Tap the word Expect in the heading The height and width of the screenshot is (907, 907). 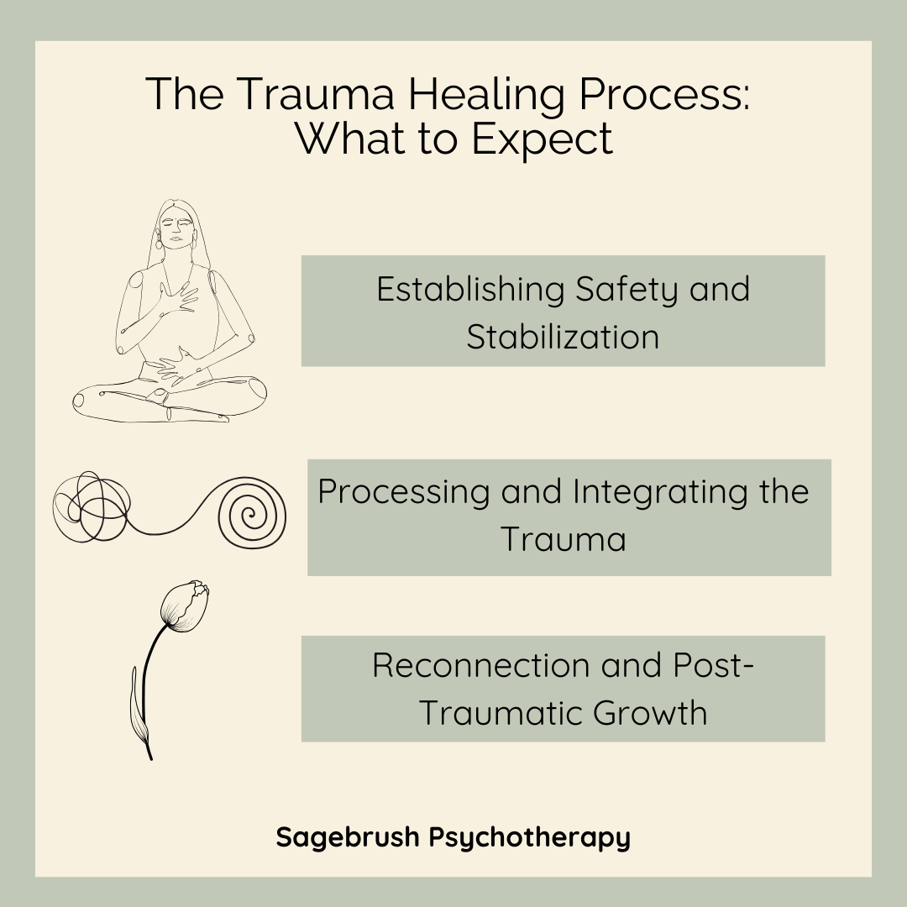(x=542, y=139)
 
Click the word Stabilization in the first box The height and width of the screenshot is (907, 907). (x=563, y=337)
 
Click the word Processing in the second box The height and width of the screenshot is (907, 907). (x=403, y=491)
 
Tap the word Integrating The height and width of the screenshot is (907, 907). (x=645, y=492)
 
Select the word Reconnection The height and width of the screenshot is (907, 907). (x=480, y=665)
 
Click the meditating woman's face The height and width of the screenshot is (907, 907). (x=175, y=228)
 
